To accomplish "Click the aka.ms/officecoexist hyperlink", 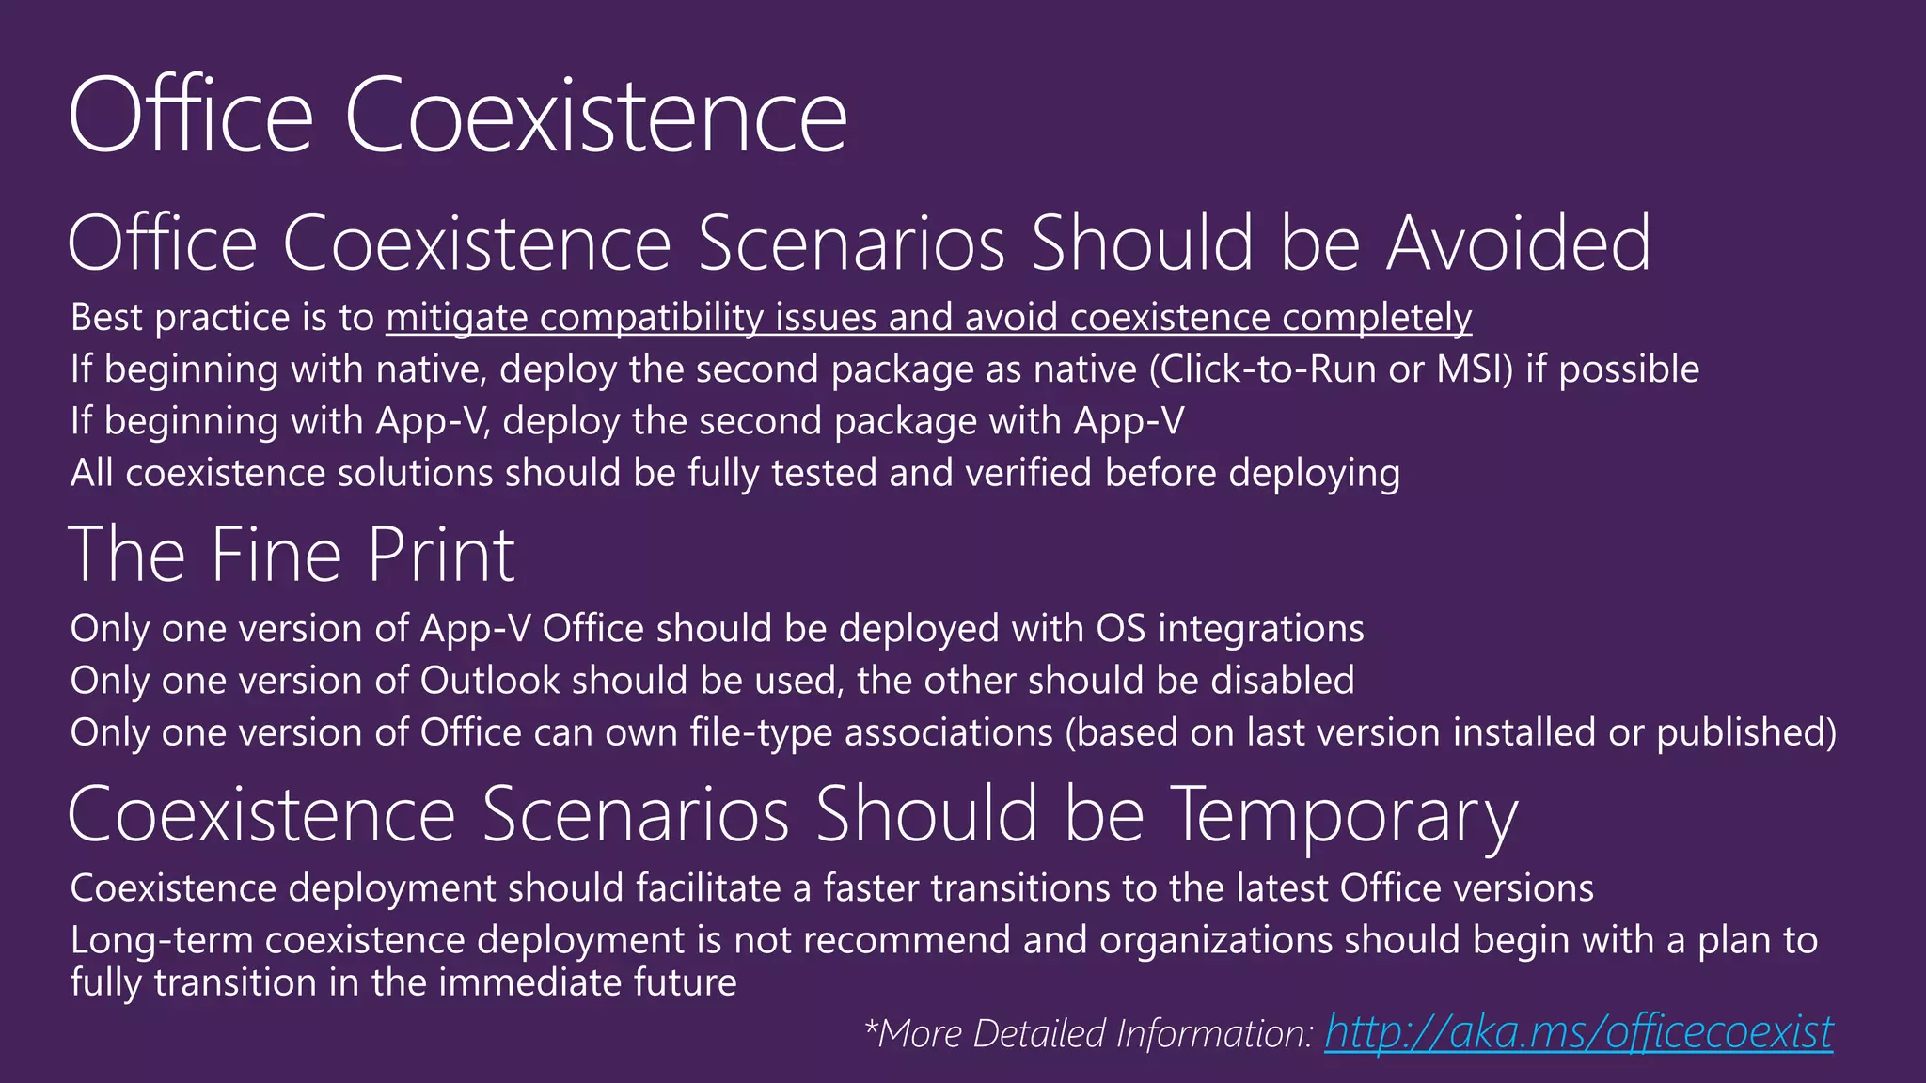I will (1578, 1032).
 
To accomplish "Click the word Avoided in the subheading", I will (1518, 243).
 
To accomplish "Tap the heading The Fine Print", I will (292, 555).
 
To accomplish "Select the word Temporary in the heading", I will (1345, 814).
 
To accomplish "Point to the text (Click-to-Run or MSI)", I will (1331, 369).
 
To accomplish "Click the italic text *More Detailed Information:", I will (1088, 1033).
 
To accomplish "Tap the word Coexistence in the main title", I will (595, 117).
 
